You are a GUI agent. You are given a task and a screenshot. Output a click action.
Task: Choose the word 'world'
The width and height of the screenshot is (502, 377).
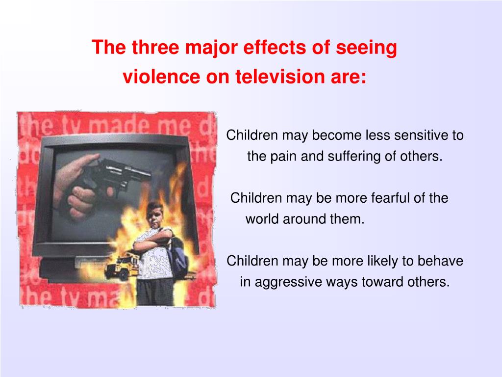pos(261,219)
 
